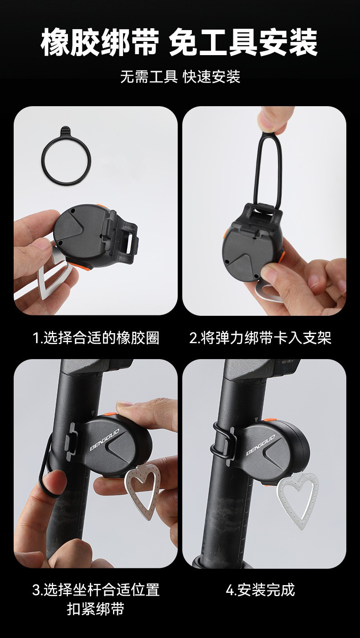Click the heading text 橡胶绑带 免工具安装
pyautogui.click(x=180, y=42)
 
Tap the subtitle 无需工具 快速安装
pyautogui.click(x=180, y=77)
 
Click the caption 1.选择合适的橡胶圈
pyautogui.click(x=96, y=338)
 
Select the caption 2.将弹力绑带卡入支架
pyautogui.click(x=260, y=338)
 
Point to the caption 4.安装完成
pyautogui.click(x=260, y=590)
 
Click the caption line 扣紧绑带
pyautogui.click(x=96, y=610)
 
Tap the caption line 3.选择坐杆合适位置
pyautogui.click(x=96, y=590)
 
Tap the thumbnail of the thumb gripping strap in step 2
pyautogui.click(x=273, y=119)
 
